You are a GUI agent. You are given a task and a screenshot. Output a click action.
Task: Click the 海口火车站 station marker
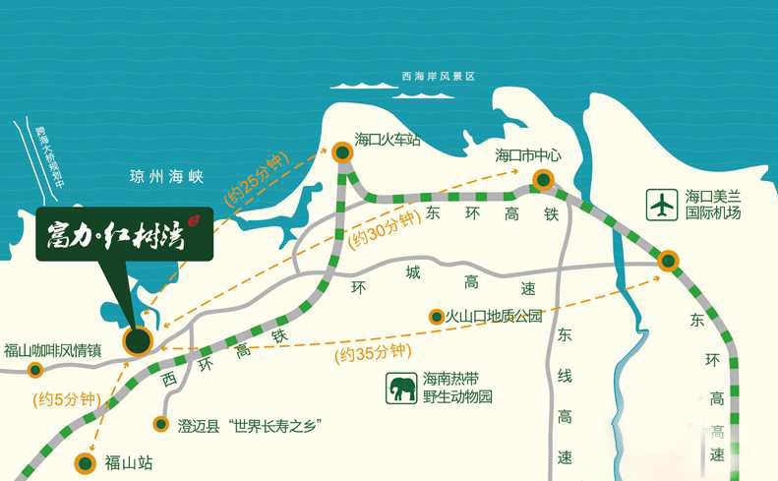(342, 152)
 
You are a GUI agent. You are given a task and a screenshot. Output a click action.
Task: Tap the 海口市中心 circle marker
(543, 179)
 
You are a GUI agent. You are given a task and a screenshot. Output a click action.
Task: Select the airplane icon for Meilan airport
(663, 205)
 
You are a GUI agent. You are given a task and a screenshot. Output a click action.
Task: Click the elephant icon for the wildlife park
(401, 389)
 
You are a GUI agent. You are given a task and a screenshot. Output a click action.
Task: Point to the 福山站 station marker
(86, 461)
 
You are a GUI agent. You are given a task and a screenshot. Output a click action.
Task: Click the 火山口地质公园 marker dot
(436, 317)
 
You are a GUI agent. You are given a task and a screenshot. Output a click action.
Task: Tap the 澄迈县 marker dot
(161, 425)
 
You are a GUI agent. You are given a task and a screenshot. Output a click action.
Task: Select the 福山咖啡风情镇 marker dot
(35, 370)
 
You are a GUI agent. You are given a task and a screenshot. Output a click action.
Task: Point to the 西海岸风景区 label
(439, 77)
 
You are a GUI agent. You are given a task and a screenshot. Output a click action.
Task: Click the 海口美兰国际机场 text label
(712, 205)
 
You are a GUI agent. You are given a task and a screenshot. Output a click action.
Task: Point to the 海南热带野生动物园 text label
(456, 389)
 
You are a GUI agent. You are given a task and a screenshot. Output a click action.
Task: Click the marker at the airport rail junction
(668, 261)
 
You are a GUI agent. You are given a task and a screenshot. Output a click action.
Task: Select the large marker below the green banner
(138, 341)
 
